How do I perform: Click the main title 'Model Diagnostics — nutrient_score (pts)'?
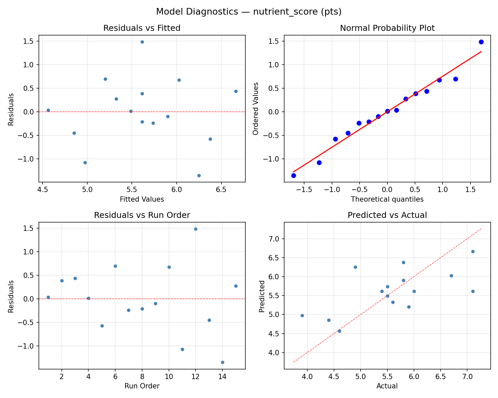tap(249, 12)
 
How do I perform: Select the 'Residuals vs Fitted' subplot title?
tap(142, 28)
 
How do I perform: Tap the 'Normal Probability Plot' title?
tap(387, 28)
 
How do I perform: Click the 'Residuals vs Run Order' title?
tap(142, 215)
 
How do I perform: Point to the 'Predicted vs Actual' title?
tap(387, 215)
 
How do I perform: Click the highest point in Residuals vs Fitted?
tap(142, 42)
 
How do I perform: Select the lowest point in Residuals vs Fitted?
tap(199, 175)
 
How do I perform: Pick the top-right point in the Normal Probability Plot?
tap(481, 42)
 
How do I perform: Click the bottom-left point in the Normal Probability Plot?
tap(293, 175)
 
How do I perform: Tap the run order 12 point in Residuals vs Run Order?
tap(196, 229)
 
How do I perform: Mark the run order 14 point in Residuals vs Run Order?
tap(222, 362)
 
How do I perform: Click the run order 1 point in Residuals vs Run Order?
tap(48, 297)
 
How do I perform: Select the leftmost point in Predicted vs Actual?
tap(302, 315)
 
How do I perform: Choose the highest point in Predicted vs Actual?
tap(473, 251)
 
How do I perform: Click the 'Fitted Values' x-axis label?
tap(142, 199)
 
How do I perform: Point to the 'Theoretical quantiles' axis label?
tap(387, 199)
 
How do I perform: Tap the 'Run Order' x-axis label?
tap(142, 386)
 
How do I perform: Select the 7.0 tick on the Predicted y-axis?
tap(276, 239)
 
